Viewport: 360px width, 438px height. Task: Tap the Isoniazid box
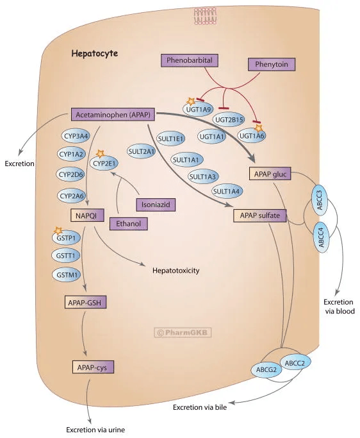tap(155, 204)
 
